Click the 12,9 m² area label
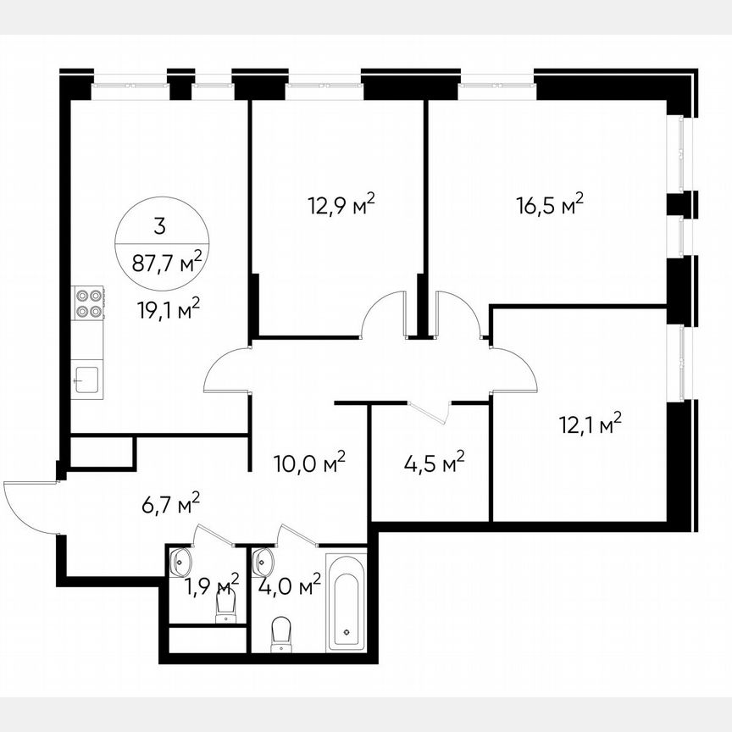pyautogui.click(x=341, y=205)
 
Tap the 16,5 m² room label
pyautogui.click(x=551, y=205)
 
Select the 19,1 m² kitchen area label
pyautogui.click(x=169, y=310)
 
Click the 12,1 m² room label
pyautogui.click(x=591, y=423)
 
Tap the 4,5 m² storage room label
pyautogui.click(x=431, y=463)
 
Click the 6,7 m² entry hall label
pyautogui.click(x=170, y=505)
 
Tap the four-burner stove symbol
pyautogui.click(x=89, y=303)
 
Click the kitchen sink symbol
pyautogui.click(x=87, y=378)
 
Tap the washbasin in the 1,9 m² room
pyautogui.click(x=180, y=560)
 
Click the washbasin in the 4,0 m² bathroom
pyautogui.click(x=263, y=560)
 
